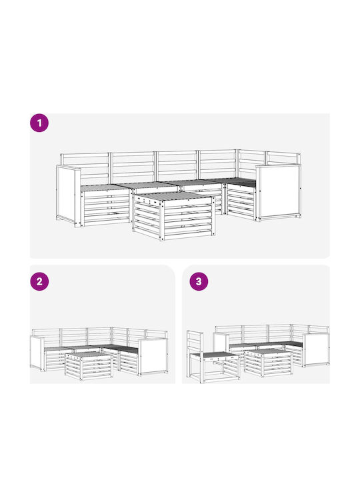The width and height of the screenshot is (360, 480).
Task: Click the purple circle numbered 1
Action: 39,123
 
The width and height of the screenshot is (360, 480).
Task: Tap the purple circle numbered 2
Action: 39,281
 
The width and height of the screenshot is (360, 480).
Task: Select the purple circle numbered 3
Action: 199,281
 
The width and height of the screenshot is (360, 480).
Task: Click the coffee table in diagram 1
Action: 173,216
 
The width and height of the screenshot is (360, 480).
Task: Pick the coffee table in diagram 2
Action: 89,366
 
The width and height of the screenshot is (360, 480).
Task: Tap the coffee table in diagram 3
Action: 268,363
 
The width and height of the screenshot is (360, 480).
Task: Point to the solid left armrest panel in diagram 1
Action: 68,196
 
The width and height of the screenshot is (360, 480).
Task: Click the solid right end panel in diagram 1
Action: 279,192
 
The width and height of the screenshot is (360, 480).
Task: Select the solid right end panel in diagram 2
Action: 153,357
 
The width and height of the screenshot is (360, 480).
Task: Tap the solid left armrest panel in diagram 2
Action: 37,353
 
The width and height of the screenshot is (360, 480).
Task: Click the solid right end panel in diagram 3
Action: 317,350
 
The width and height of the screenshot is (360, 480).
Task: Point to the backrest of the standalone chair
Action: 195,342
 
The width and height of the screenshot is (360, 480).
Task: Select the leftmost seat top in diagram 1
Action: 105,187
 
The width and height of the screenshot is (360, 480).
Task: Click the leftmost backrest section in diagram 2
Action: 46,337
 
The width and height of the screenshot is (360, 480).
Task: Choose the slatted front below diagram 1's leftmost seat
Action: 105,207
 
